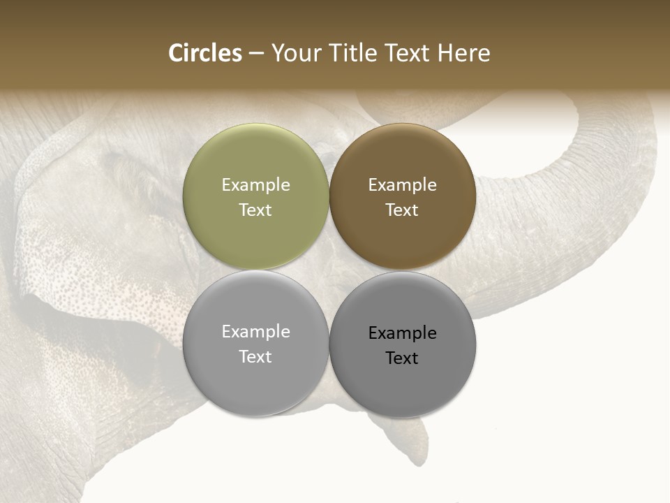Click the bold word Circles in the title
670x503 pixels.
(204, 53)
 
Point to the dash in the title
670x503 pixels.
(256, 54)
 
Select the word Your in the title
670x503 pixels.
(295, 53)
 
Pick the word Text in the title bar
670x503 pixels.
(408, 53)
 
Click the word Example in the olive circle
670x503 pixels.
(255, 184)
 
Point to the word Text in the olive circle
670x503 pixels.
(255, 210)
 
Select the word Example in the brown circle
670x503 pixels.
(402, 184)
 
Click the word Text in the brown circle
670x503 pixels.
(402, 210)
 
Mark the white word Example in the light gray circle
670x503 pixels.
(255, 331)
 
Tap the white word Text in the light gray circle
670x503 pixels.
(255, 356)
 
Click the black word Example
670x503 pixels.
(402, 333)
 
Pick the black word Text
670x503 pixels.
(402, 358)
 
